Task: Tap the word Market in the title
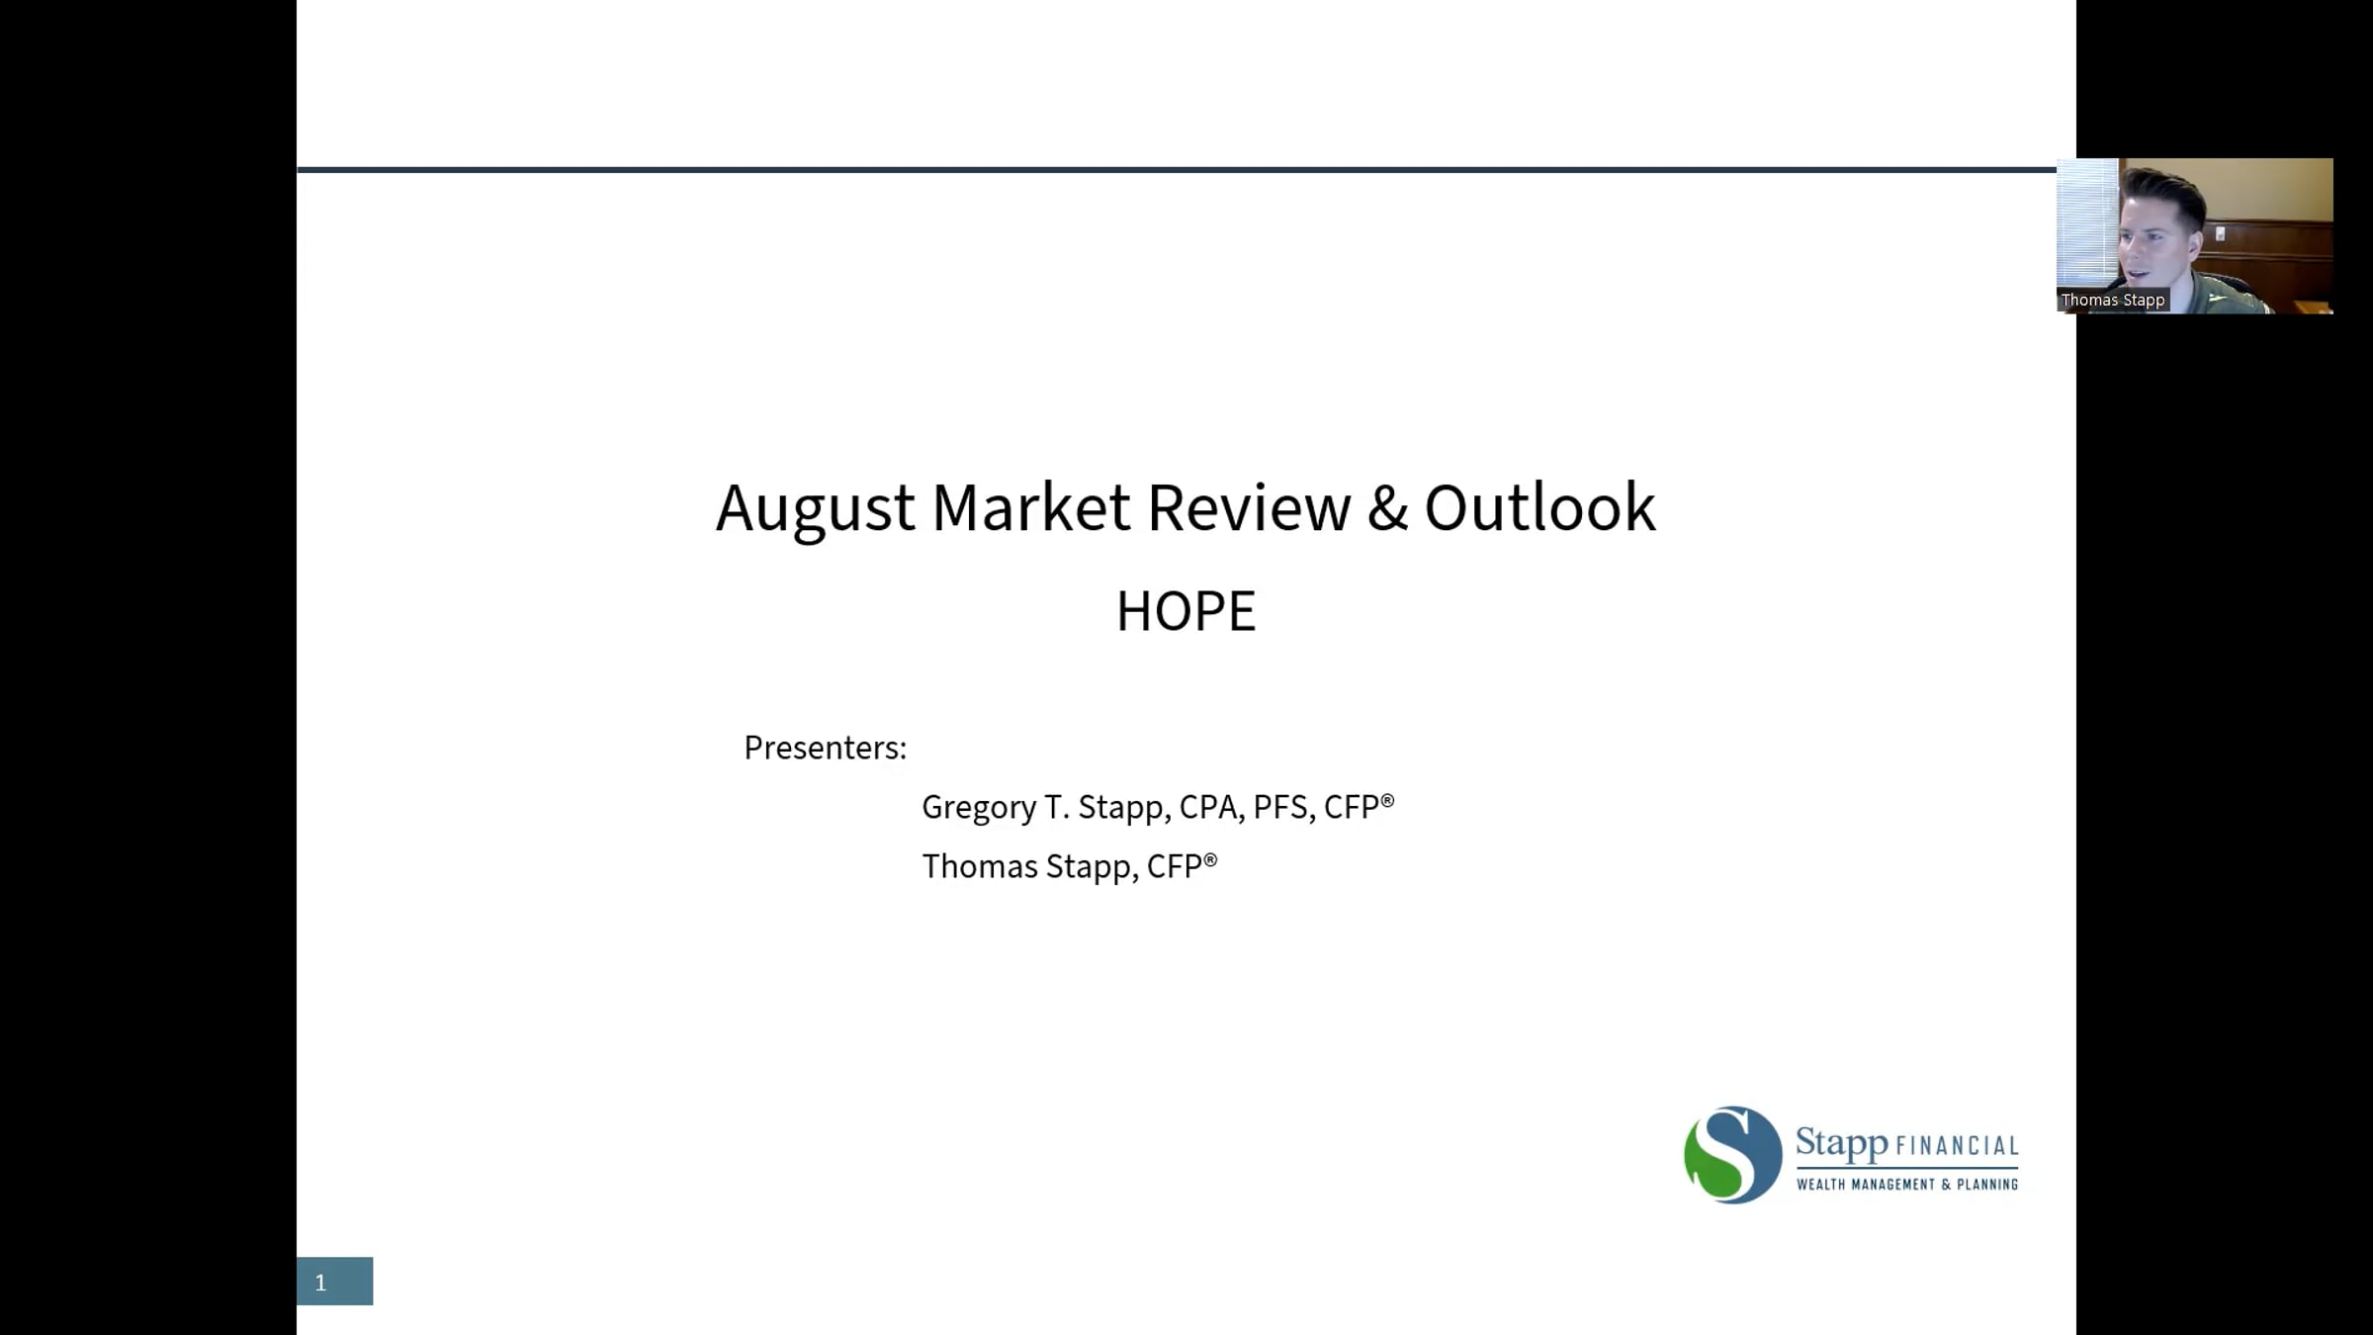coord(1030,508)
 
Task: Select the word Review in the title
coord(1249,508)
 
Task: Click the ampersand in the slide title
coord(1388,508)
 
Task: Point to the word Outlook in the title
coord(1539,507)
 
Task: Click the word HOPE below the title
coord(1186,611)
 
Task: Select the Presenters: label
coord(825,748)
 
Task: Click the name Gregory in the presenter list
coord(979,808)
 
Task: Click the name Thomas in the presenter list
coord(980,866)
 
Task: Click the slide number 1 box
coord(334,1282)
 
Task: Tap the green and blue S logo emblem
coord(1732,1154)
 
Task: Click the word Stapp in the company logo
coord(1841,1144)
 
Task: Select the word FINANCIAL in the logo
coord(1957,1146)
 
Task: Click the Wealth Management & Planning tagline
coord(1907,1184)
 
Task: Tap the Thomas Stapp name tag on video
coord(2113,300)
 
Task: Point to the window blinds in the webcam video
coord(2086,222)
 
